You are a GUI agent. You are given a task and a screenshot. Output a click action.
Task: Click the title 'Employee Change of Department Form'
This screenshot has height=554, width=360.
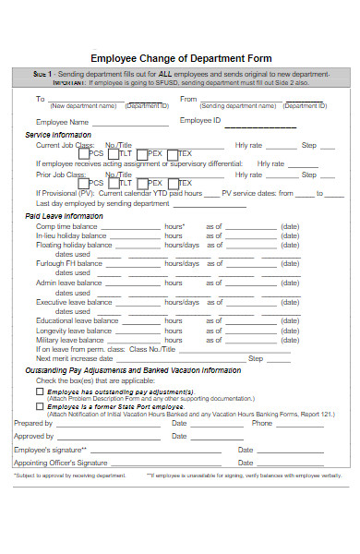pos(180,54)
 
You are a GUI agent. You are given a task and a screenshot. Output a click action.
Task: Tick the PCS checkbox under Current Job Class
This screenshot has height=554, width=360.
pos(83,154)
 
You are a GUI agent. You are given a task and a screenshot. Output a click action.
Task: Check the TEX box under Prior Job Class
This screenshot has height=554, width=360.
pos(172,184)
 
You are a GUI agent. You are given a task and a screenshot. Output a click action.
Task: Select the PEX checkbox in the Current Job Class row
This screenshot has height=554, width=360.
pos(142,154)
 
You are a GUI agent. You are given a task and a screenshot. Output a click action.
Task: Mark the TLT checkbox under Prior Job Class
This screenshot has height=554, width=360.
pos(113,184)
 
